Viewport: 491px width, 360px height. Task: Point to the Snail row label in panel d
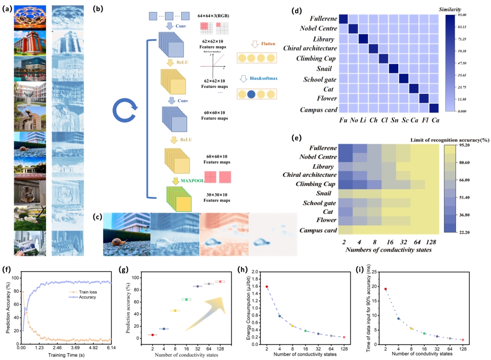click(327, 68)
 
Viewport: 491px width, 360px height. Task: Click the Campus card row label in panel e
click(316, 230)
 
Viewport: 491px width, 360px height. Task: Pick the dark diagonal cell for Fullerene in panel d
click(343, 19)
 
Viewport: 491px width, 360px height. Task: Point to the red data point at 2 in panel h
click(267, 286)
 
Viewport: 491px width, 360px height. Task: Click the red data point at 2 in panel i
click(385, 289)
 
